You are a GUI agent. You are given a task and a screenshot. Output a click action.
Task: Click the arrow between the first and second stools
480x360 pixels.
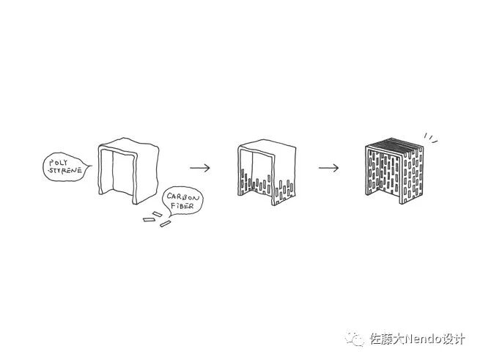[199, 167]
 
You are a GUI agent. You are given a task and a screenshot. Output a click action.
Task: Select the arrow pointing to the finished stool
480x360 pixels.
[328, 167]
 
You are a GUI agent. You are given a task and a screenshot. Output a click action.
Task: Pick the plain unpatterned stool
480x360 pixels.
[129, 169]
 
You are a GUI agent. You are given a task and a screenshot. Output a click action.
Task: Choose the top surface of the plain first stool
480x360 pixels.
[129, 143]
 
